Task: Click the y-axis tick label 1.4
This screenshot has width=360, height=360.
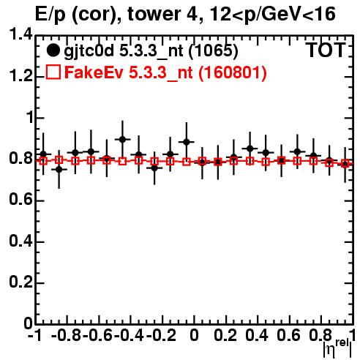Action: tap(20, 34)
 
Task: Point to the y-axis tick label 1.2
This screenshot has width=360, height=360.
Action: tap(20, 75)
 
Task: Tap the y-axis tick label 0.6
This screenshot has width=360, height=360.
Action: tap(20, 200)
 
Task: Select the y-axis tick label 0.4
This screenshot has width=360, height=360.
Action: tap(20, 241)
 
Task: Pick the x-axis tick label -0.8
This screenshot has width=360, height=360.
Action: tap(67, 335)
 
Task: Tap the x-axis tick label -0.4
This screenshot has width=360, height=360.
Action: tap(130, 335)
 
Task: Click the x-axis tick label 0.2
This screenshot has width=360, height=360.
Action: tap(225, 335)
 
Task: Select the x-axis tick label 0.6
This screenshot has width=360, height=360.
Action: tap(288, 335)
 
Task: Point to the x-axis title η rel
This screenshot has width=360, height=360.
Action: tap(338, 348)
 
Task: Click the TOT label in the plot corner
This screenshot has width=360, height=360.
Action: tap(326, 50)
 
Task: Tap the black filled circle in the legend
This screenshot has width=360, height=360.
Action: tap(53, 50)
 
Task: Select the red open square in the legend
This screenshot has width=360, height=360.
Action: tap(53, 72)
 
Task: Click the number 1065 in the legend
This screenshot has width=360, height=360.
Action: tap(214, 50)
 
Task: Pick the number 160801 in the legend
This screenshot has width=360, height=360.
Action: tap(233, 72)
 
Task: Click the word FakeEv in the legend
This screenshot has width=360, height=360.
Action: tap(94, 72)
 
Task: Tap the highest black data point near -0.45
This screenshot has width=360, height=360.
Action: tap(122, 140)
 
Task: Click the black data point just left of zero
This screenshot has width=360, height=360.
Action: tap(187, 142)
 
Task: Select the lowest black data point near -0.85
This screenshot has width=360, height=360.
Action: tap(59, 169)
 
